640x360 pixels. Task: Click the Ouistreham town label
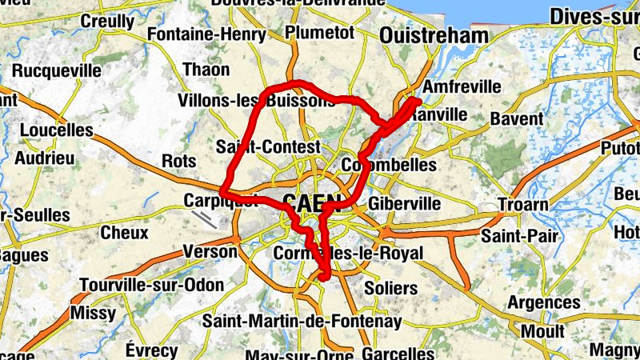(x=434, y=36)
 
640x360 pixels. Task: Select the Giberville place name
(x=405, y=203)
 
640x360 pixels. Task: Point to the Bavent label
(x=517, y=118)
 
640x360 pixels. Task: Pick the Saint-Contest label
(x=268, y=147)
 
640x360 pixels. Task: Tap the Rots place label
(x=178, y=161)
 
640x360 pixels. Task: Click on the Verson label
(x=210, y=251)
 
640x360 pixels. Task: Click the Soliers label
(x=390, y=287)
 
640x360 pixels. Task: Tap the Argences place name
(x=544, y=302)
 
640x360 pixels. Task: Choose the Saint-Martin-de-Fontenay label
(x=302, y=321)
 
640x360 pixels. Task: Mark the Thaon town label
(x=206, y=70)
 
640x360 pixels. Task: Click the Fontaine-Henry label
(x=206, y=35)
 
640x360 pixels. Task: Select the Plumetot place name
(x=319, y=32)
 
